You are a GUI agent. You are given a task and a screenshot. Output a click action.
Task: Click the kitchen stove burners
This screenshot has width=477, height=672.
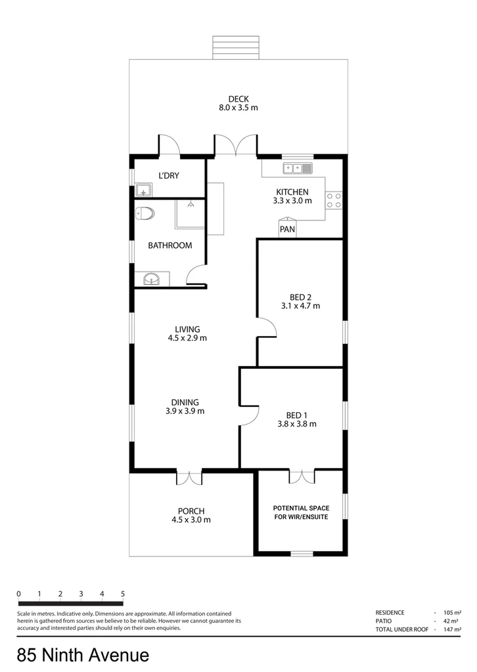click(x=334, y=199)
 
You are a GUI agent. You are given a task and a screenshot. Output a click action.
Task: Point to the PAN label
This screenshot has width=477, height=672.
click(x=287, y=230)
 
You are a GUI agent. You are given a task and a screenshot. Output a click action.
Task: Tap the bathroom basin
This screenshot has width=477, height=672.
click(x=152, y=280)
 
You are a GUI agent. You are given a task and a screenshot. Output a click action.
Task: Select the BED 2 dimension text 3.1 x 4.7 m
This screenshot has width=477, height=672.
click(x=300, y=306)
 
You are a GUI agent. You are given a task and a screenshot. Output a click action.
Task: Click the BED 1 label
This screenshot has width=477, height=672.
click(x=297, y=415)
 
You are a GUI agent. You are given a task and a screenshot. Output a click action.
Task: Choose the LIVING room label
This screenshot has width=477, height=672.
click(x=187, y=329)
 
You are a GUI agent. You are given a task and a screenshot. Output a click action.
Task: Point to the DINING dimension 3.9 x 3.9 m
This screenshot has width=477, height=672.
click(x=185, y=411)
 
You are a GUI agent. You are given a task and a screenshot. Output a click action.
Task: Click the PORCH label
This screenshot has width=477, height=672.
click(x=191, y=511)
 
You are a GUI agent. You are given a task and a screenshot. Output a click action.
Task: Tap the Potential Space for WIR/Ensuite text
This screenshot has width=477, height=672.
click(x=300, y=512)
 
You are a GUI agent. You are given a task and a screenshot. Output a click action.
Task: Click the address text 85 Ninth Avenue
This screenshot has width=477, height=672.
click(x=83, y=655)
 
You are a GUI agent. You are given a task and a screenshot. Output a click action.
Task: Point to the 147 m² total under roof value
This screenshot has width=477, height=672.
click(x=449, y=629)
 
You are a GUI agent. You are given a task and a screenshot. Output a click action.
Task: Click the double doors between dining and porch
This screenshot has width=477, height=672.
click(x=189, y=478)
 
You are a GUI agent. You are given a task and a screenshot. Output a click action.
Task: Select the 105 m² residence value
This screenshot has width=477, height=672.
click(x=449, y=612)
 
